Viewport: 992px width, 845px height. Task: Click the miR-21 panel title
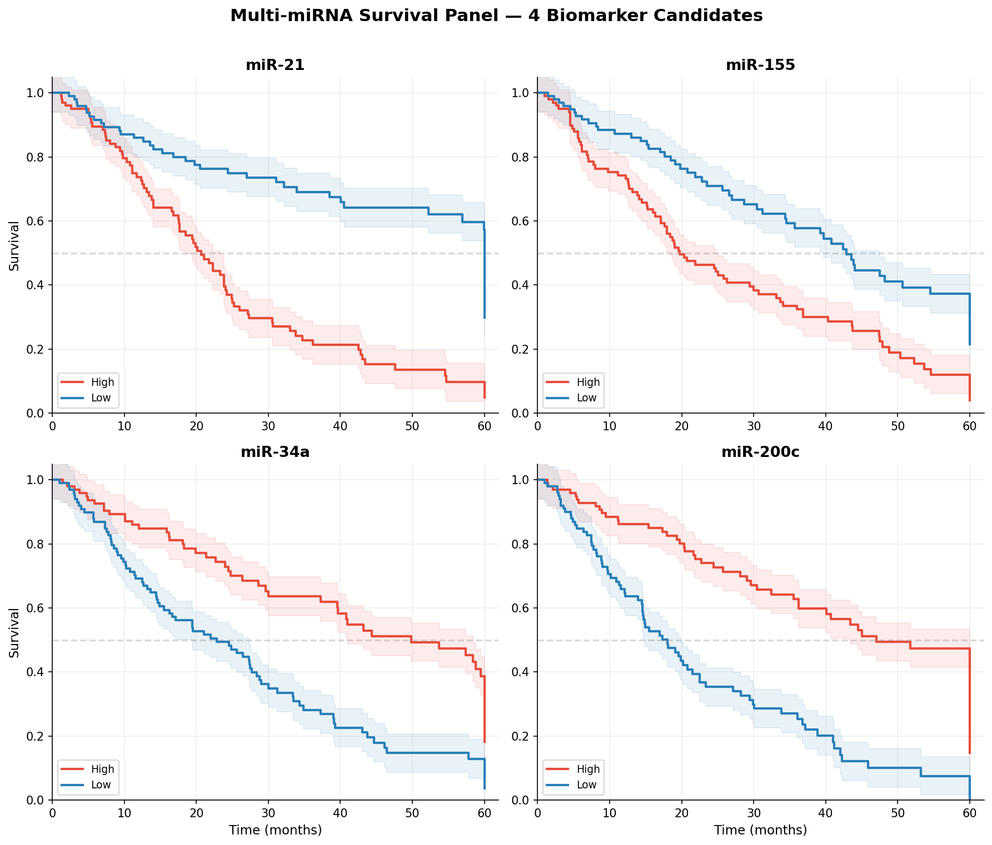tap(275, 65)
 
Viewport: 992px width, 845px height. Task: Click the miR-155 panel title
tap(760, 65)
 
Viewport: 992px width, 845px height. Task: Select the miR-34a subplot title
tap(275, 452)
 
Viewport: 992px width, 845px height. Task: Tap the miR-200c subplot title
tap(760, 452)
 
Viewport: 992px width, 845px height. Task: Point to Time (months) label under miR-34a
tap(275, 830)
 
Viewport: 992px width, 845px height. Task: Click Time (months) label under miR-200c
tap(760, 830)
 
